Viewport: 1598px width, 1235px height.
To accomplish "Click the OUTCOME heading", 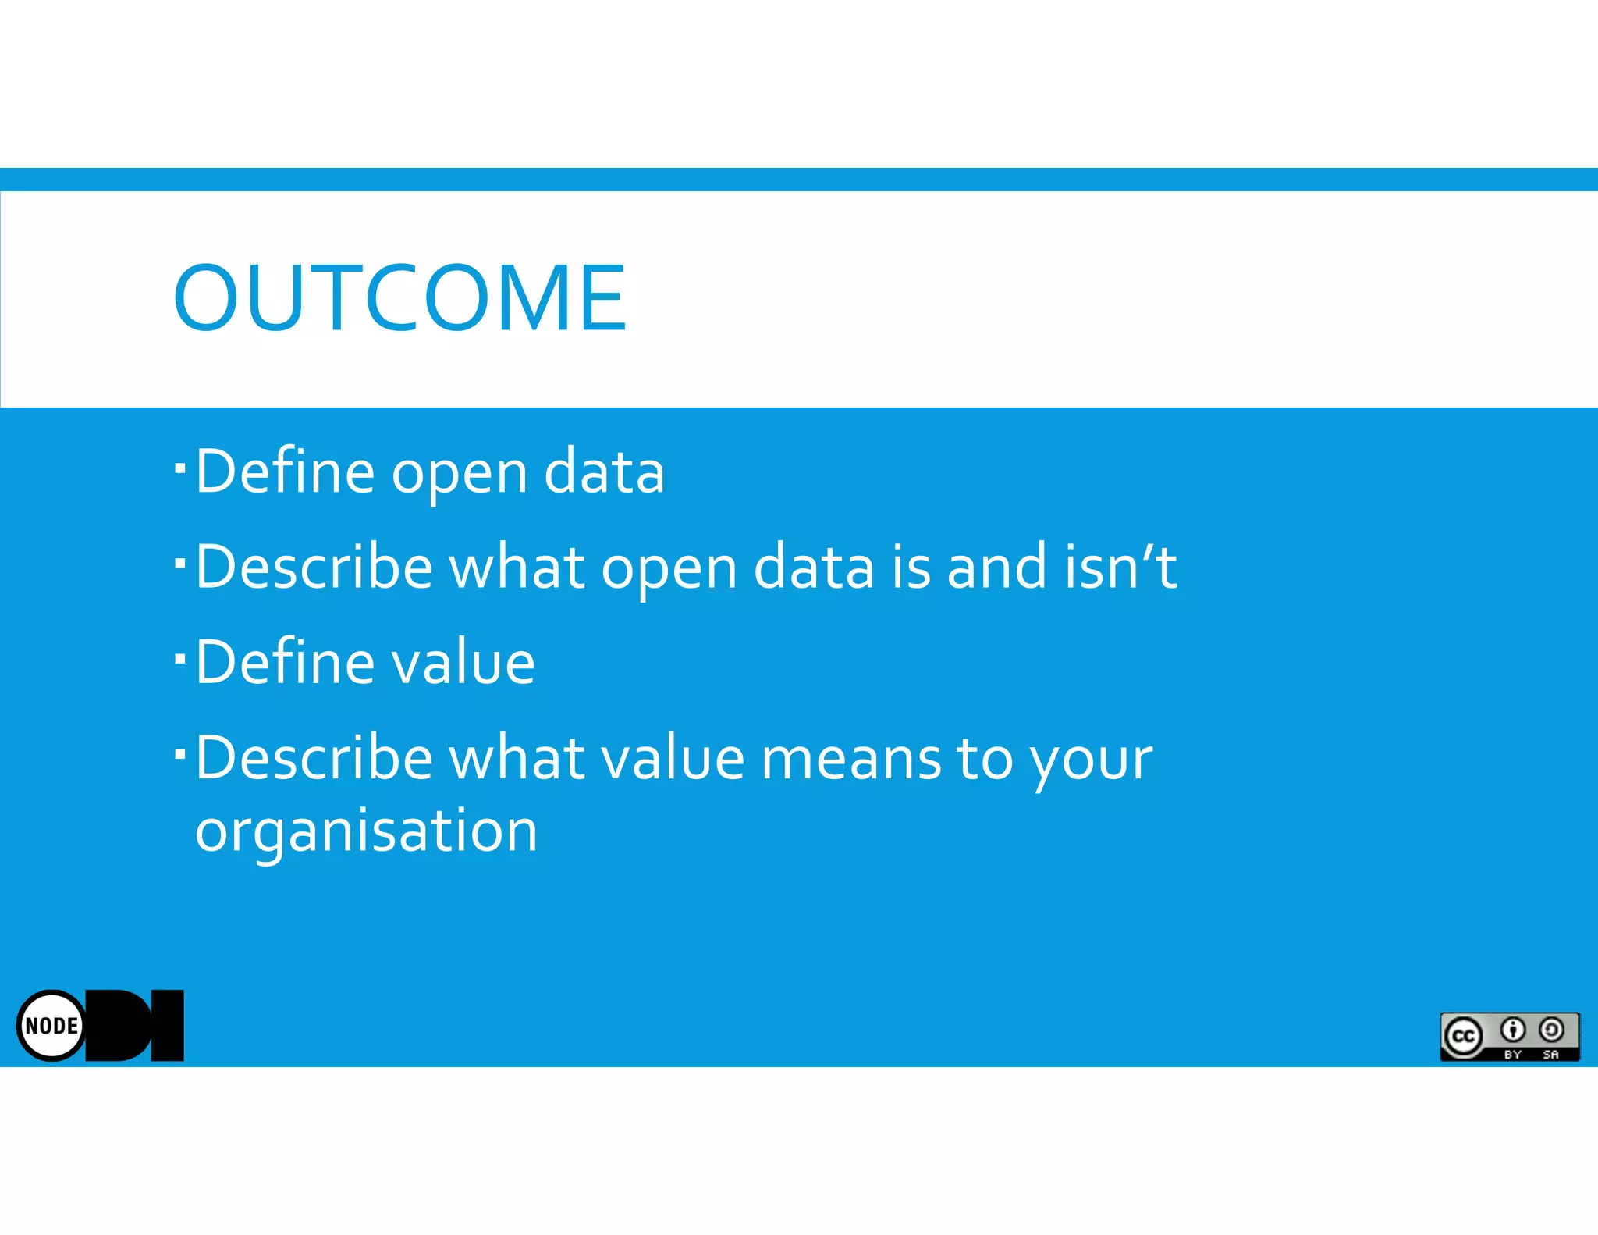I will click(399, 297).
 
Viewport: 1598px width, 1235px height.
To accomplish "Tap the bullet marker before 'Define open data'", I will click(180, 468).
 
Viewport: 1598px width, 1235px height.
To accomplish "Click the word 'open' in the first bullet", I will click(460, 473).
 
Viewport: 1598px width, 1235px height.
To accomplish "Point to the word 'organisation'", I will click(366, 831).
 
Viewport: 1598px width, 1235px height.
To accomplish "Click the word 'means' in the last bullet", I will click(851, 759).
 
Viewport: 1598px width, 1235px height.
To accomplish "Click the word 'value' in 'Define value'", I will click(463, 662).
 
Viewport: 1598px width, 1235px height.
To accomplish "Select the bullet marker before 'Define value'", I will click(180, 658).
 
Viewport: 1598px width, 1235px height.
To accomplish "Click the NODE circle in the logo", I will click(51, 1025).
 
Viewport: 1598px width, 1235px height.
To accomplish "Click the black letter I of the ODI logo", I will click(167, 1025).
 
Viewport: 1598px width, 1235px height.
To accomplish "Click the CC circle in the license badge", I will click(1462, 1036).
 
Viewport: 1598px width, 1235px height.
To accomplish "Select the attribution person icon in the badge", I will click(1513, 1030).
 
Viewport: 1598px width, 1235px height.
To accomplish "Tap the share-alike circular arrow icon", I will click(1551, 1030).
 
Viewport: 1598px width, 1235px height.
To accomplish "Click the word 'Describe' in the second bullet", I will click(314, 567).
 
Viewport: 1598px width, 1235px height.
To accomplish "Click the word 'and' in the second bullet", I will click(996, 567).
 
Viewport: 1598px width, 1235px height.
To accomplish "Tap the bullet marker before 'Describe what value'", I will click(180, 754).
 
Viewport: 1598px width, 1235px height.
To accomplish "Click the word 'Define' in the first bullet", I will click(285, 472).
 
